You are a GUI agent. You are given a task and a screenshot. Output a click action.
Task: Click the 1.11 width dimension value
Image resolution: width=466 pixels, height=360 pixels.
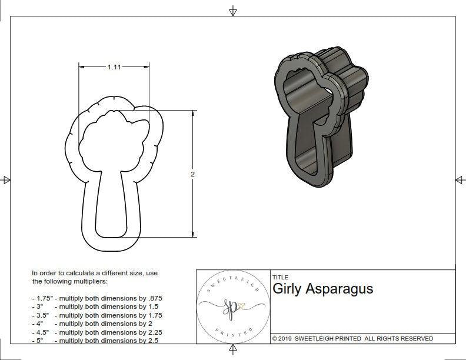(114, 68)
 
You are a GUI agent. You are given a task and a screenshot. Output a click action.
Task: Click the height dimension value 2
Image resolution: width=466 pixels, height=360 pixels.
(193, 174)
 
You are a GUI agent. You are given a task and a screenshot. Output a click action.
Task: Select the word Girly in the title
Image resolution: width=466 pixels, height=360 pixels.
(287, 289)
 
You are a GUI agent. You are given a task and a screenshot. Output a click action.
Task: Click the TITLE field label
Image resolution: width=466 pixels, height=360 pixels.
(280, 277)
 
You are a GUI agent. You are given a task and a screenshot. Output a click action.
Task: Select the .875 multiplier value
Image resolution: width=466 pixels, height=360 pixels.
(154, 298)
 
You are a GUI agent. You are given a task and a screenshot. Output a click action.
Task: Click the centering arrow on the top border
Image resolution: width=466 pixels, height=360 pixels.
(234, 11)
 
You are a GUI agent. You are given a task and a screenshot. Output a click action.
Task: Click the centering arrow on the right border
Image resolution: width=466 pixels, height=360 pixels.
(459, 180)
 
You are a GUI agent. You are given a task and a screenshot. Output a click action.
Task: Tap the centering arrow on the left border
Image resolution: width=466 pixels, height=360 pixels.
(6, 180)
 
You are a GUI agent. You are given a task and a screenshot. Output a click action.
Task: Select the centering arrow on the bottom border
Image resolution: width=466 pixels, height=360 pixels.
(234, 351)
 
